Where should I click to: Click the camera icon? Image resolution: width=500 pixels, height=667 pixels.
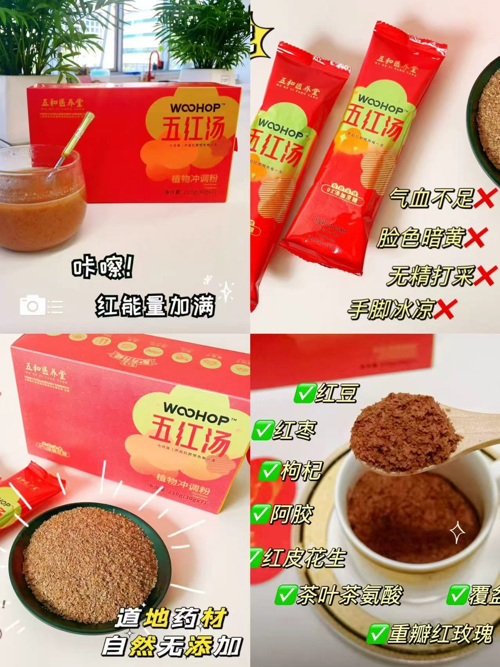point(32,305)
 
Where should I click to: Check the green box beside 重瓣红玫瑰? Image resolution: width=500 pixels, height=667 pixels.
point(378,634)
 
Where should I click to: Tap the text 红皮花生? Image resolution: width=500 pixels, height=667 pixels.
point(303,558)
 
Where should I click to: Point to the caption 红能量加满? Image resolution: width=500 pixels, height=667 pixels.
point(156,306)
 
